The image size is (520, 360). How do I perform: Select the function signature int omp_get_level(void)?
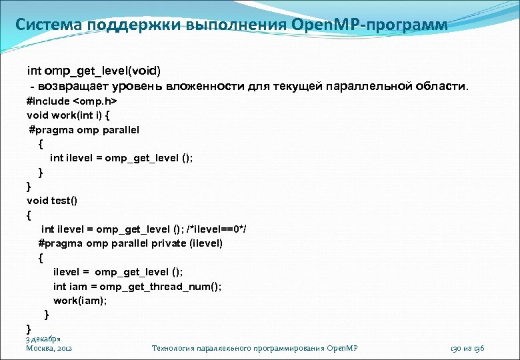[93, 71]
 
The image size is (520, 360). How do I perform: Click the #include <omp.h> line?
[71, 101]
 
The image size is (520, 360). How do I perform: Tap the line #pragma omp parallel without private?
[83, 129]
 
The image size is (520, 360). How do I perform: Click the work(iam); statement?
[80, 300]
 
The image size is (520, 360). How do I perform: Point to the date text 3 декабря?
[43, 339]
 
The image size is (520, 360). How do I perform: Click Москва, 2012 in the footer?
[49, 348]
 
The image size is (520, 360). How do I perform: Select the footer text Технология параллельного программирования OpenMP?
[255, 348]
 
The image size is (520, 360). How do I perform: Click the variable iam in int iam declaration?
[79, 286]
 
